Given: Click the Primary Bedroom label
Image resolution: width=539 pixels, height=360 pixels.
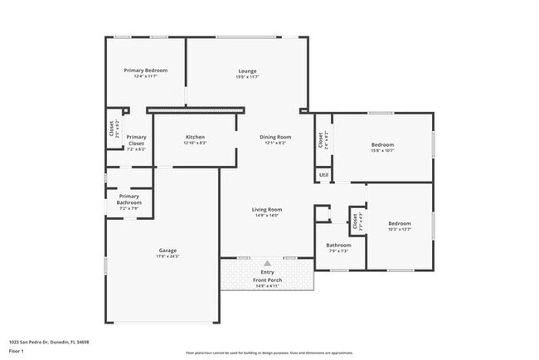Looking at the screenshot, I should click(146, 71).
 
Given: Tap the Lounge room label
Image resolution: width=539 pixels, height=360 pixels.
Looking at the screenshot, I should click(247, 71).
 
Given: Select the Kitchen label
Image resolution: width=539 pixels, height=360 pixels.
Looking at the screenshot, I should click(195, 137).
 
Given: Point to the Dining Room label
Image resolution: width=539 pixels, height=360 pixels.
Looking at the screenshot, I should click(275, 137).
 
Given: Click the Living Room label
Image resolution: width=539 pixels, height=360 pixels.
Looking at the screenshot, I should click(267, 209).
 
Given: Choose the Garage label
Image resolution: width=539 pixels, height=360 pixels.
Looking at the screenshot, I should click(168, 251).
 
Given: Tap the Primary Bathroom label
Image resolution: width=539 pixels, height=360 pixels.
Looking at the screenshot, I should click(129, 199).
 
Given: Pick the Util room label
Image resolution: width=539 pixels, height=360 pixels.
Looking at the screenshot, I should click(323, 174).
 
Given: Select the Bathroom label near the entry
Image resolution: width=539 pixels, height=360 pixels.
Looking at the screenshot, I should click(338, 245).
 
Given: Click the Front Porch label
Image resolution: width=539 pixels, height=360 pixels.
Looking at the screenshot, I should click(267, 280).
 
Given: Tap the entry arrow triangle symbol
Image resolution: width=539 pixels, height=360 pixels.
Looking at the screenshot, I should click(267, 262).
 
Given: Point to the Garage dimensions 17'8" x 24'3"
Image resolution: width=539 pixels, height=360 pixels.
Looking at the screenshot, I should click(168, 256).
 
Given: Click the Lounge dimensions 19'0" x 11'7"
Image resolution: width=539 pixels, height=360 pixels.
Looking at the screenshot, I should click(247, 77).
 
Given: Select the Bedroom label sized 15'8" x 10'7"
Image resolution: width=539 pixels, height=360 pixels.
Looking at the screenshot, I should click(382, 144).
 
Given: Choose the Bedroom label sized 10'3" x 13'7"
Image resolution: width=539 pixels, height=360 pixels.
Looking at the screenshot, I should click(400, 223).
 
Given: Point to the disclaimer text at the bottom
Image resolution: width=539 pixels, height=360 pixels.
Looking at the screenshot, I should click(269, 353).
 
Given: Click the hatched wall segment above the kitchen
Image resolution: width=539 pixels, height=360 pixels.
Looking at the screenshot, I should click(196, 109).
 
